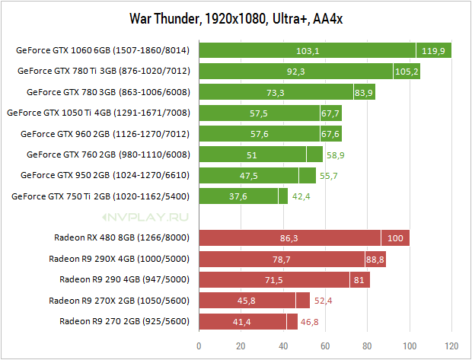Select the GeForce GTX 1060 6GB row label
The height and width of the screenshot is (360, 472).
(x=103, y=51)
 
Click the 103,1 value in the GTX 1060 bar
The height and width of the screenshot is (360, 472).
(x=308, y=51)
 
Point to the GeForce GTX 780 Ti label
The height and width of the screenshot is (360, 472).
(x=103, y=72)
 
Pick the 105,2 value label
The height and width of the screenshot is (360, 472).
(x=407, y=72)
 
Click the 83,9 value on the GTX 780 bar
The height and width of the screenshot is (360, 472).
(x=365, y=92)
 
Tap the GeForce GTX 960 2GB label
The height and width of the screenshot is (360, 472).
(x=103, y=134)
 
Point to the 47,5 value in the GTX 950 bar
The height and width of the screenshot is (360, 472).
(x=249, y=175)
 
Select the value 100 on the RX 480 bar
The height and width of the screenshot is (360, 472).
(x=395, y=237)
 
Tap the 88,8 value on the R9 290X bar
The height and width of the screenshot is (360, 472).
(x=375, y=259)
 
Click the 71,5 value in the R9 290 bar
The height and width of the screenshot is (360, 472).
(x=274, y=279)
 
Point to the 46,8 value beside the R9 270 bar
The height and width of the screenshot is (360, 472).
(x=310, y=321)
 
